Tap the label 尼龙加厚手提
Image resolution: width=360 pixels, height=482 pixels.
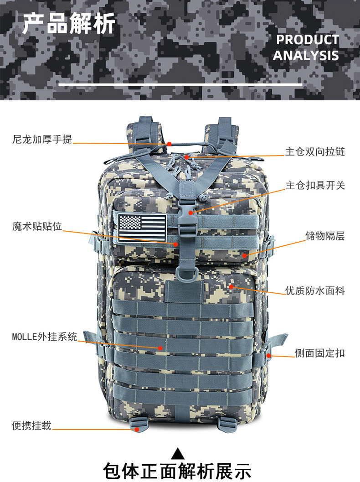point(42,139)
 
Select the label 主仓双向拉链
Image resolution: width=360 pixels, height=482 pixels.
point(315,151)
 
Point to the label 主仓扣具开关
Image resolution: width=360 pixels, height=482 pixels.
point(315,185)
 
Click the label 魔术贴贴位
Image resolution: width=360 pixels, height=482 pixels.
point(37,226)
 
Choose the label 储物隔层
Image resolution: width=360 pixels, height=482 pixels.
point(325,236)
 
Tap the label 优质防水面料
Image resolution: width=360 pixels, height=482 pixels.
point(315,290)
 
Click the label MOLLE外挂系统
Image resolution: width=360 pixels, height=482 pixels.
point(45,337)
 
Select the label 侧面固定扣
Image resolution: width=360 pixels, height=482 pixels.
point(320,353)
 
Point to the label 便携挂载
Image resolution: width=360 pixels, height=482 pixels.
point(31,425)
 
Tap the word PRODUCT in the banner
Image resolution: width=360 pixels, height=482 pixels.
point(308,40)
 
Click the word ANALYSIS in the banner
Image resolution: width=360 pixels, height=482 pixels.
point(306,56)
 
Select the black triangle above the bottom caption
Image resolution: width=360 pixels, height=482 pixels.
point(178,454)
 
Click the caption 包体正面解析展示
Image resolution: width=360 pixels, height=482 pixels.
point(177,471)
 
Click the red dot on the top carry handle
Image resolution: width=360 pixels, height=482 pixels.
point(169,144)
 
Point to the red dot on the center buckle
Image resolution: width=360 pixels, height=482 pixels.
point(191,212)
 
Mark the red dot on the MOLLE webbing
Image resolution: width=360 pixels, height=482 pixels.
point(160,348)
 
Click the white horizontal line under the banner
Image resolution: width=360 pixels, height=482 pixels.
point(180,84)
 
